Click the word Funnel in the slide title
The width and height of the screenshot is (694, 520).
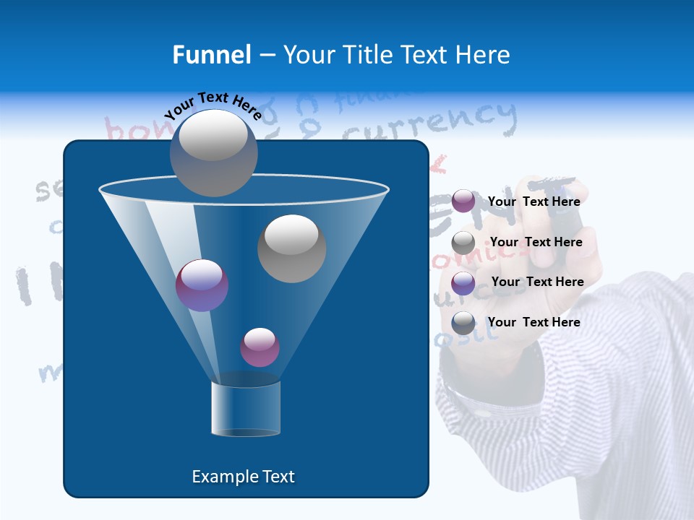(x=211, y=55)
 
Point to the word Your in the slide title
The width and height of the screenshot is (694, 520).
(x=307, y=55)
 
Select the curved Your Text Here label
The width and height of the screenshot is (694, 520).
(x=213, y=105)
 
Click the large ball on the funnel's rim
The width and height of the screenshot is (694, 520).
(x=213, y=152)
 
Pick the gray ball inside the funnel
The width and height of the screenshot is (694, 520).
(x=291, y=248)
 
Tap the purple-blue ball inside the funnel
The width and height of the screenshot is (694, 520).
(x=202, y=285)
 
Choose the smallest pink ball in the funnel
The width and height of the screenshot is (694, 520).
(x=260, y=347)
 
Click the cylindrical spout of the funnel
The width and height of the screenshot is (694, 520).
(x=246, y=408)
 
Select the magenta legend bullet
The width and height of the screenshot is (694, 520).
(x=463, y=201)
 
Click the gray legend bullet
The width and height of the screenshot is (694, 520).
(x=463, y=243)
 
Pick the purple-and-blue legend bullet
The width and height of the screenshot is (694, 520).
(x=463, y=283)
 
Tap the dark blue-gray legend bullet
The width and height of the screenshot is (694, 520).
(x=463, y=323)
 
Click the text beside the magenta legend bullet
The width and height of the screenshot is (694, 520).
(x=534, y=201)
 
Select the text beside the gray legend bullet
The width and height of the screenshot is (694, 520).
(x=536, y=242)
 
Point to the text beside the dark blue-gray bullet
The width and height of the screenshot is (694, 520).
(x=534, y=322)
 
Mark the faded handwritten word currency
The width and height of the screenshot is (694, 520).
(x=429, y=123)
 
